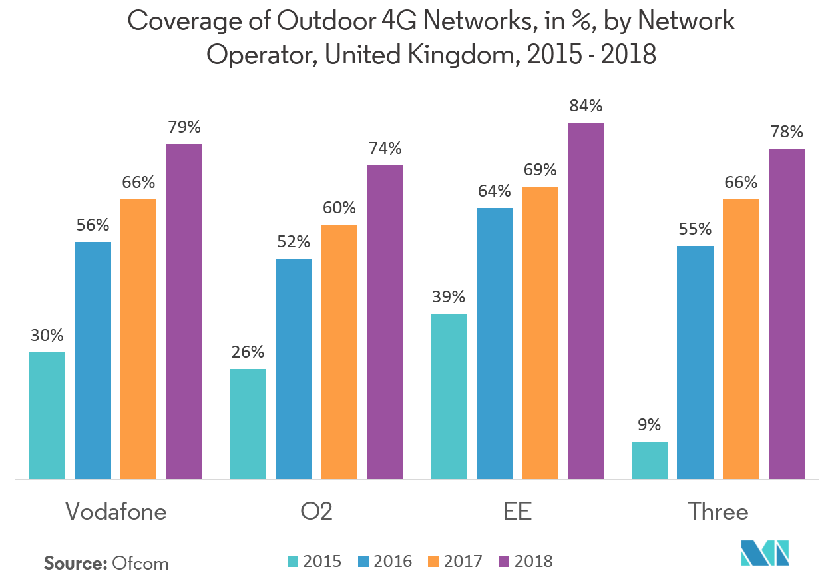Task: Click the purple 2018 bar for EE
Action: point(586,300)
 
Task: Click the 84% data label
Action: point(586,106)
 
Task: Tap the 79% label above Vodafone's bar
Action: point(184,127)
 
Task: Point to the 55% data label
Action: point(695,229)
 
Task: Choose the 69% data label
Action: point(540,170)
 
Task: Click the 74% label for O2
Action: point(385,148)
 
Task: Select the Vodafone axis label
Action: point(116,512)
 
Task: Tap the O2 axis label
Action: point(316,512)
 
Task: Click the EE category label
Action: point(518,512)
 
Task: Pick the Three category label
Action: point(718,512)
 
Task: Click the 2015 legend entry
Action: point(314,562)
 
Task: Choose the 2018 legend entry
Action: point(526,562)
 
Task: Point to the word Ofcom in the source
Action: point(140,564)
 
